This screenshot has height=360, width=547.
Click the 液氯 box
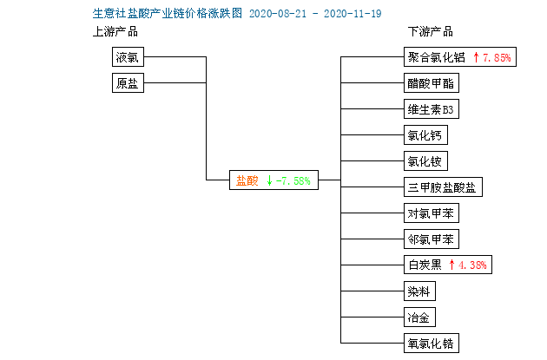click(128, 56)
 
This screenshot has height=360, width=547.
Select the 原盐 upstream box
click(128, 82)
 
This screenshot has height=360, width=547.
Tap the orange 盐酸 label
click(247, 180)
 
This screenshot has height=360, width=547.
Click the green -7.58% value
click(293, 181)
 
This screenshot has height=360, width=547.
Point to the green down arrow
click(269, 180)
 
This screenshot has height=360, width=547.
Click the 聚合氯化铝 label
click(437, 57)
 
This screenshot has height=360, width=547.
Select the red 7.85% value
click(498, 57)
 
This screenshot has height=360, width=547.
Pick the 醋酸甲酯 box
click(432, 83)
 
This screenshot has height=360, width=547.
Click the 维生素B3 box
click(432, 109)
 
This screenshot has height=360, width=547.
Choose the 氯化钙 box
click(425, 134)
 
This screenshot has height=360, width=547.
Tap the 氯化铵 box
click(425, 161)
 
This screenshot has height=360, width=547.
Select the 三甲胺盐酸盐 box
click(443, 187)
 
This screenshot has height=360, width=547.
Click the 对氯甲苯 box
click(432, 213)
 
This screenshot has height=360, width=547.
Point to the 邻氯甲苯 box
click(432, 239)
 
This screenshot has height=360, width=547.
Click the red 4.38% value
click(472, 265)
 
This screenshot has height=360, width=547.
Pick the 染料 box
click(419, 291)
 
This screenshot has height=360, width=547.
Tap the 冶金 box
click(419, 317)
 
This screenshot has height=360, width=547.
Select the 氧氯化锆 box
click(432, 344)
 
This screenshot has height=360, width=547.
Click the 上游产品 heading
click(115, 32)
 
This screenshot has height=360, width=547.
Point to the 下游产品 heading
click(431, 32)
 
